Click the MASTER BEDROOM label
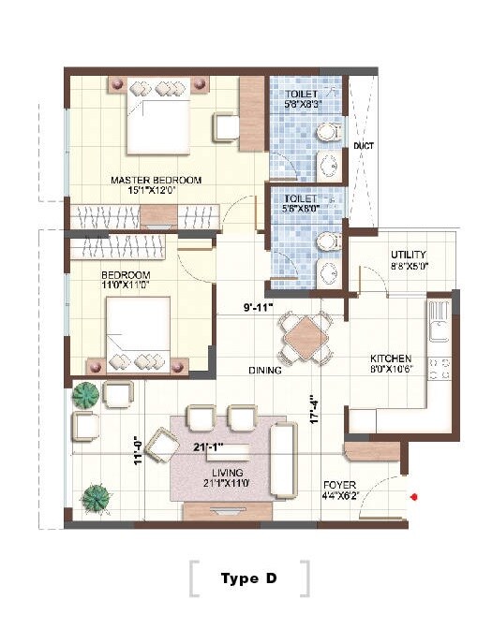[156, 180]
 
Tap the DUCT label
[363, 147]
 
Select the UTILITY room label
[409, 255]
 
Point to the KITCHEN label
[390, 358]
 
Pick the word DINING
[265, 371]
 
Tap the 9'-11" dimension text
[258, 306]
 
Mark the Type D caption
[248, 578]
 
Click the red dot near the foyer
[413, 497]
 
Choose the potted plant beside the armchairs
[86, 395]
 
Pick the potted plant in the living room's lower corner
[96, 497]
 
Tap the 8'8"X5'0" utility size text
[409, 266]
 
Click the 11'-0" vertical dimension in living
[138, 451]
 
